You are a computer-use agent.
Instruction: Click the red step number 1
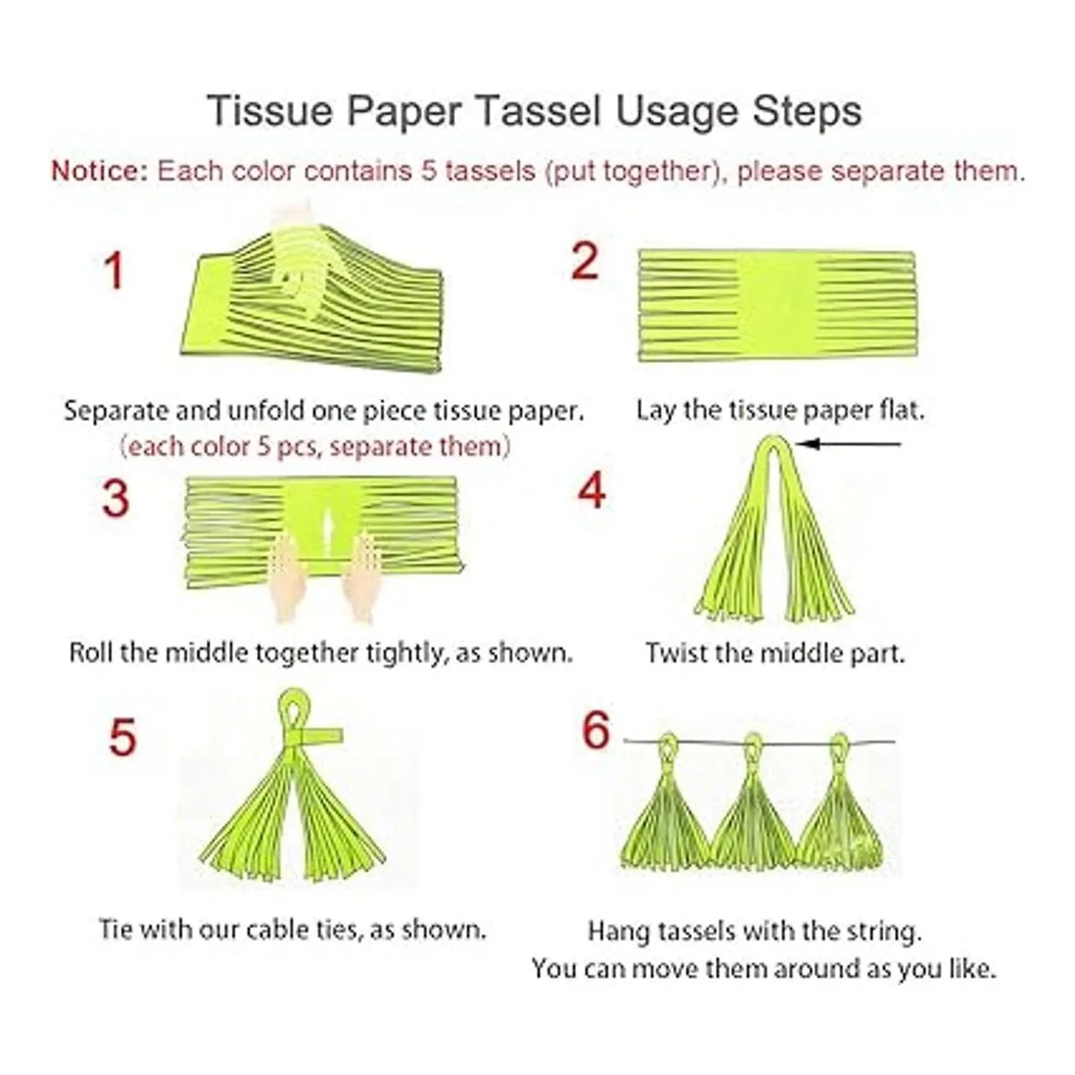tap(115, 271)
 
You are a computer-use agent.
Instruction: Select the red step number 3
tap(116, 498)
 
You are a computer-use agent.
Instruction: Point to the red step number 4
tap(591, 489)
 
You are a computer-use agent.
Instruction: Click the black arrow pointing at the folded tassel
tap(848, 444)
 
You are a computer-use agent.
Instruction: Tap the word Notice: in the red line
tap(99, 171)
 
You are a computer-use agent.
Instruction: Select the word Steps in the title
tap(807, 112)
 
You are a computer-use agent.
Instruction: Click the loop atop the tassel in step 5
tap(294, 706)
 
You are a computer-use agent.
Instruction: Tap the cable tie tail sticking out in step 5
tap(322, 735)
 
